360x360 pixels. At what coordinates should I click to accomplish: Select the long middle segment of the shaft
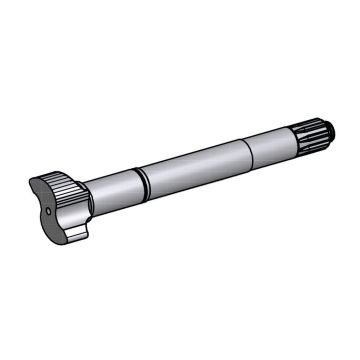pos(195,158)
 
